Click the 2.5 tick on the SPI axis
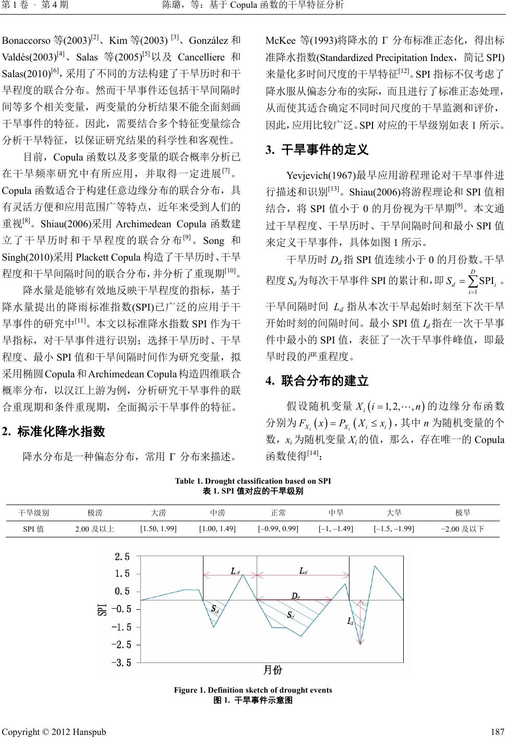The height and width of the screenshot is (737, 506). [x=122, y=556]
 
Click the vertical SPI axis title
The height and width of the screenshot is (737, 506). [x=103, y=609]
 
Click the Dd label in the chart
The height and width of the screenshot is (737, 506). [x=295, y=595]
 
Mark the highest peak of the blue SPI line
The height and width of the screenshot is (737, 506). [x=375, y=566]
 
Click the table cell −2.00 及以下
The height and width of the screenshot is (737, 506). [x=463, y=530]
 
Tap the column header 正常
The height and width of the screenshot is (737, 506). [x=279, y=513]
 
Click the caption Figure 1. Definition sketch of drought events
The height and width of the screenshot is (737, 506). [x=253, y=690]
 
